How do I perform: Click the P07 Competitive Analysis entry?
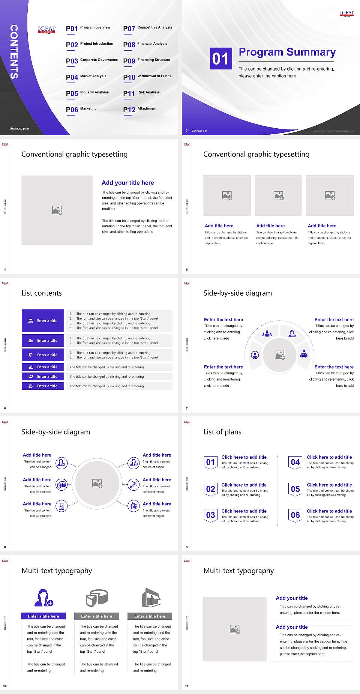tap(147, 28)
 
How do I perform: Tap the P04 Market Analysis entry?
tap(86, 77)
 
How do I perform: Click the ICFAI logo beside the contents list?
tap(46, 30)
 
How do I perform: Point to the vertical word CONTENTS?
tap(14, 52)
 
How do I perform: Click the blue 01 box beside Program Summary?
tap(220, 59)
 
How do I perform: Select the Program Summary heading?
tap(287, 52)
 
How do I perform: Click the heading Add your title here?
tap(127, 183)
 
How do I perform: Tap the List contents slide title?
tap(42, 293)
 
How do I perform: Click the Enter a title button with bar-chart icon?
tap(43, 367)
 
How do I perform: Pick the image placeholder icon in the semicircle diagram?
tap(280, 355)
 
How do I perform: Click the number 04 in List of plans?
tap(295, 462)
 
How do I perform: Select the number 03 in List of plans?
tap(211, 515)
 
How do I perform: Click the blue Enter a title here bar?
tap(43, 616)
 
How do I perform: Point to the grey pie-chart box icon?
tap(97, 598)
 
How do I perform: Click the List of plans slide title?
tap(222, 432)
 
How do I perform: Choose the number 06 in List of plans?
tap(295, 515)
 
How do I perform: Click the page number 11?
tap(187, 686)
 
